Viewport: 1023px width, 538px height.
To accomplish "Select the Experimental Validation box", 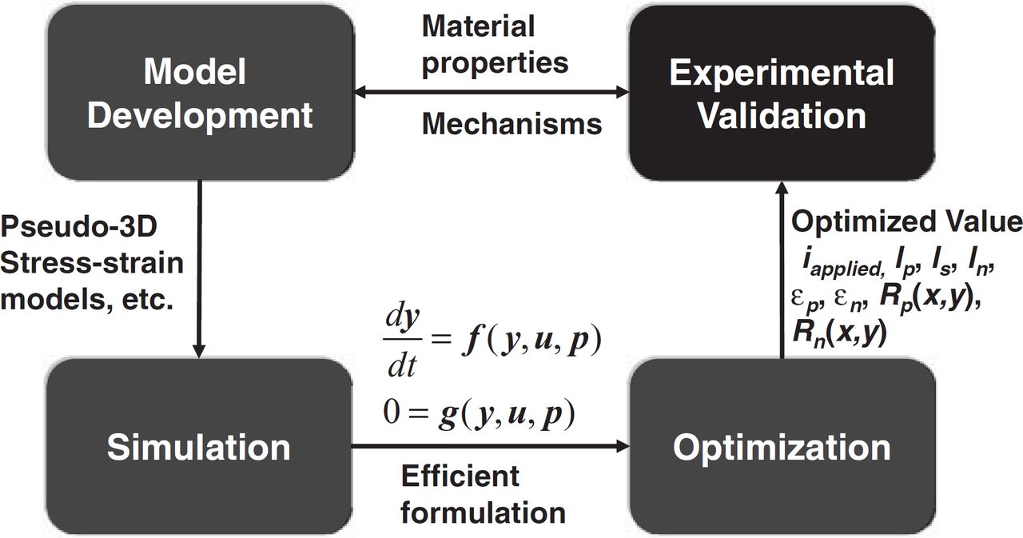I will (781, 94).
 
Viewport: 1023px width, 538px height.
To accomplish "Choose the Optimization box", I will (781, 446).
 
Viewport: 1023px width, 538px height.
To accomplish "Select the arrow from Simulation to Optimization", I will (491, 446).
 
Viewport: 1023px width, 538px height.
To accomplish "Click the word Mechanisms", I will (511, 124).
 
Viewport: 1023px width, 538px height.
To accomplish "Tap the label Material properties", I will (495, 44).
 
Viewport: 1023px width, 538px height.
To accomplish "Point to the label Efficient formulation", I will (483, 493).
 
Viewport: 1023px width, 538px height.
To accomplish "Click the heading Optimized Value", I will (906, 221).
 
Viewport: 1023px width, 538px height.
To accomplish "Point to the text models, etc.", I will (88, 303).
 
